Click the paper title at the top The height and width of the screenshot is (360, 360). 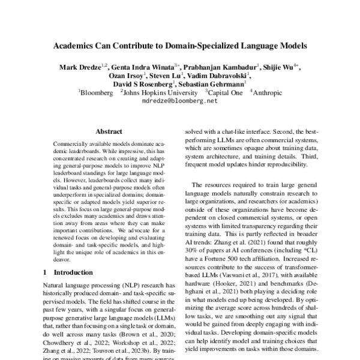click(179, 45)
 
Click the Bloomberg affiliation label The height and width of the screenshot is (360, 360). click(97, 94)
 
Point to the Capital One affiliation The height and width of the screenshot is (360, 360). click(224, 94)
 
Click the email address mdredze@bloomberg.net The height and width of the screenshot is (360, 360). click(179, 102)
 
